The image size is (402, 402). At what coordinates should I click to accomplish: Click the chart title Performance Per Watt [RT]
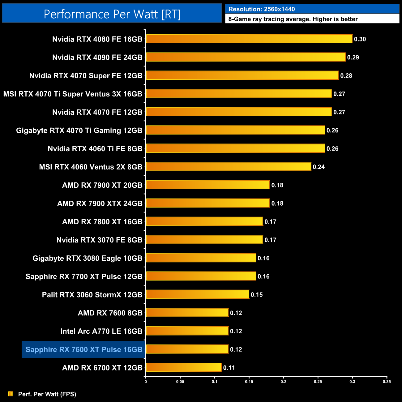pos(112,14)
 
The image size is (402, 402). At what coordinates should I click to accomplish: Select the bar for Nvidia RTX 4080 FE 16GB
pos(249,39)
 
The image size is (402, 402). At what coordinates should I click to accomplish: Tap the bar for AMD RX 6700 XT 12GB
pos(184,367)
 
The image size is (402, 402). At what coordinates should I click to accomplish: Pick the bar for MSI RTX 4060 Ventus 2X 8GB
pos(228,167)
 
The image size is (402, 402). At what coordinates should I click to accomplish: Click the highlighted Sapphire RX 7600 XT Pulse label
pos(84,349)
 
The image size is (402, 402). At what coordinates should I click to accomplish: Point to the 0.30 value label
pos(360,39)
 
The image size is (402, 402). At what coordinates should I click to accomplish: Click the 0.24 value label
pos(319,167)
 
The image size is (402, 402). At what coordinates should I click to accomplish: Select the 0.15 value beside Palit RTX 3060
pos(257,295)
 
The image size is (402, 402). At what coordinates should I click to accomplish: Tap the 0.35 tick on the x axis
pos(387,382)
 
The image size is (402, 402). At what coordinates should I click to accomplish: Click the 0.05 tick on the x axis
pos(180,382)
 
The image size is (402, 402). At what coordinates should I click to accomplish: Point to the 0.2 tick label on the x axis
pos(283,382)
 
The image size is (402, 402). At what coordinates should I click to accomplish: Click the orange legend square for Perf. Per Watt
pos(11,394)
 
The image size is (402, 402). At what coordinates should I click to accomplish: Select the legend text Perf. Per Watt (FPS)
pos(47,394)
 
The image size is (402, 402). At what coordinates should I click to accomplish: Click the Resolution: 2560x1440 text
pos(262,9)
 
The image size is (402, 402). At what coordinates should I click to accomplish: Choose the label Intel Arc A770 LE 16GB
pos(101,331)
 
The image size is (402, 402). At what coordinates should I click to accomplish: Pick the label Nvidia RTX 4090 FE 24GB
pos(97,58)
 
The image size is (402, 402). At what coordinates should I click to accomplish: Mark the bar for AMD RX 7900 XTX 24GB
pos(208,203)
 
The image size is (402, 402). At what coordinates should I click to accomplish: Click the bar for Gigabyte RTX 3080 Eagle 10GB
pos(201,258)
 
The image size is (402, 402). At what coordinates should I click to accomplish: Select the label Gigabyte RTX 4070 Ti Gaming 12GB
pos(79,130)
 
